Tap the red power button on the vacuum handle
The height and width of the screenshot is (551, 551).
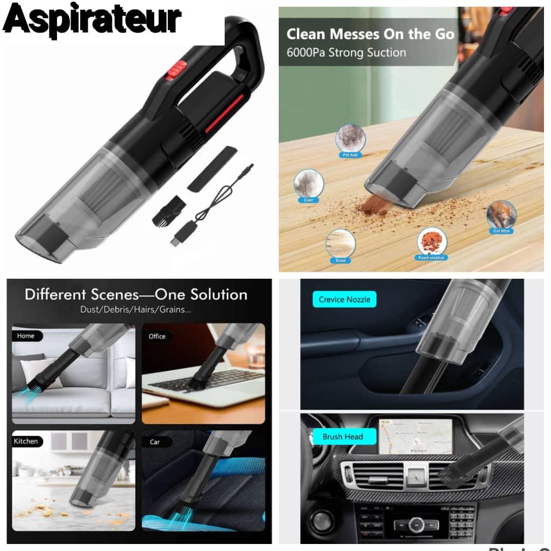pos(176,70)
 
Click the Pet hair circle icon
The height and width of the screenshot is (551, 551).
pos(350,139)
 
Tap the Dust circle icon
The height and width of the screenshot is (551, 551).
pos(308,184)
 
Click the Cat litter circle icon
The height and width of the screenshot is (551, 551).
pos(501,215)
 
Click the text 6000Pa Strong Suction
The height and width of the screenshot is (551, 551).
pos(346,53)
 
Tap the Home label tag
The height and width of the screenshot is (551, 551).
pos(26,336)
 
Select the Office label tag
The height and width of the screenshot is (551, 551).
pos(157,336)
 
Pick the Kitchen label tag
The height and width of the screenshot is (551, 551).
pos(26,441)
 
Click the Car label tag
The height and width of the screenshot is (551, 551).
pos(155,442)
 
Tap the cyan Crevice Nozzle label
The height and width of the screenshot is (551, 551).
pos(344,300)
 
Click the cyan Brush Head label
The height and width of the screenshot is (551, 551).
pos(343,436)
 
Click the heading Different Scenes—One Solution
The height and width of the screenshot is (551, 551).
pos(136,295)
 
